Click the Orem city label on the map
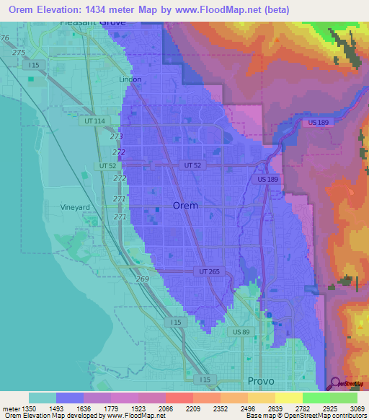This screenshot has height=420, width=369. point(186,206)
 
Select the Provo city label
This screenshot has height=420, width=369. point(261,380)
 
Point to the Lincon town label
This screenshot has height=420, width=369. point(130,79)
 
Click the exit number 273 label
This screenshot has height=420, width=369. point(117,136)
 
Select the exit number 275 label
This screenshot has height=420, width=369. point(19,53)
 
